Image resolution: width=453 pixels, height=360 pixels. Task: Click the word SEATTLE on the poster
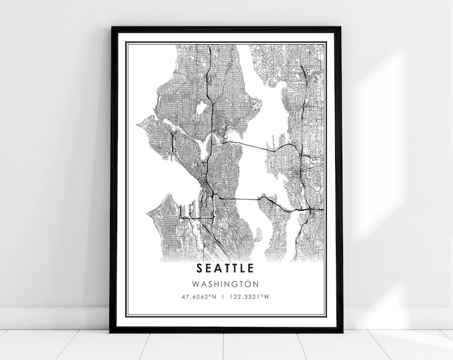[x=225, y=269]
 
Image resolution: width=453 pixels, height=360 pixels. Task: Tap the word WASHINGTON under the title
[x=225, y=283]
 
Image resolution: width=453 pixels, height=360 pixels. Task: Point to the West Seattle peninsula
[x=163, y=223]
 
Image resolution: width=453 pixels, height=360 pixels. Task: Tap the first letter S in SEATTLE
[x=200, y=269]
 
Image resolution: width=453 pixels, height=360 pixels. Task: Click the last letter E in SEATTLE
[x=250, y=269]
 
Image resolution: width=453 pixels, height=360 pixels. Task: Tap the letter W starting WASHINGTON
[x=199, y=283]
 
